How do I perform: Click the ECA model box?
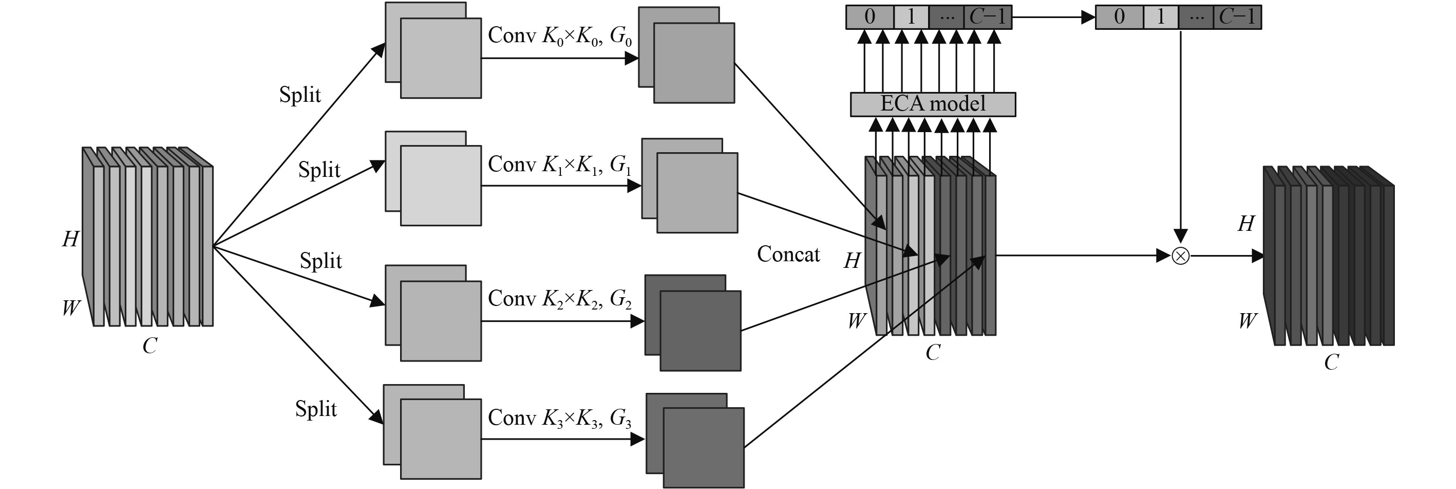click(933, 104)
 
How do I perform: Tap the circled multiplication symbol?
click(1180, 256)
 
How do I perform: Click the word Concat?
click(788, 254)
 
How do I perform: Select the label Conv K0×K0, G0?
click(560, 36)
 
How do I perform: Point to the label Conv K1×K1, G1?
click(560, 165)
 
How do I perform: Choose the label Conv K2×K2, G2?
click(560, 299)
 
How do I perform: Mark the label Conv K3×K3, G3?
click(560, 418)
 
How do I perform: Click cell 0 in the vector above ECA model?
click(870, 17)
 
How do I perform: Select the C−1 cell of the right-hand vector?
click(1237, 17)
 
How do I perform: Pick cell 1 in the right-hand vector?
click(1160, 17)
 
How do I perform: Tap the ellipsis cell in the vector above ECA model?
click(947, 17)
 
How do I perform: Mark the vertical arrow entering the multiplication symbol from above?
click(1180, 136)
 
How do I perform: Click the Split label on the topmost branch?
click(299, 95)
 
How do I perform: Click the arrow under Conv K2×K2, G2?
click(562, 321)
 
